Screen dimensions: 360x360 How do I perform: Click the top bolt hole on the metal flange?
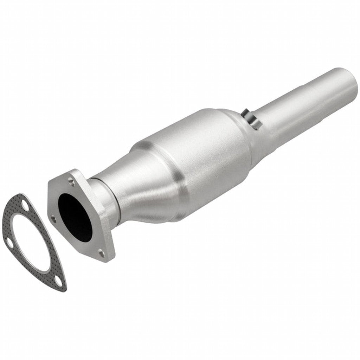point(71,181)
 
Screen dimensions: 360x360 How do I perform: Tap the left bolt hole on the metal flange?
point(53,218)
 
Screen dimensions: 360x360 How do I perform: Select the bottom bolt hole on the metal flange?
point(101,252)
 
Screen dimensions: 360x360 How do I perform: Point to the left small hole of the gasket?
point(8,241)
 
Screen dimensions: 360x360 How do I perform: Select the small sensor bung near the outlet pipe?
point(250,117)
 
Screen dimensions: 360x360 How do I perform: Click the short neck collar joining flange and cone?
point(102,197)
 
